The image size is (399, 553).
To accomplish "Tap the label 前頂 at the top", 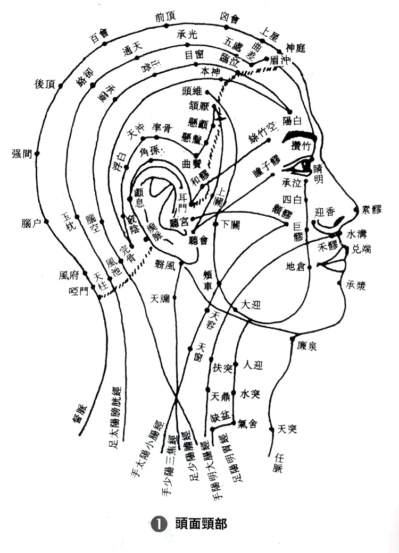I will click(x=164, y=18).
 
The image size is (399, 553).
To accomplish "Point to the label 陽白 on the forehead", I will click(x=293, y=121).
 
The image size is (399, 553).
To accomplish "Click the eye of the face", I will click(x=302, y=166).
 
